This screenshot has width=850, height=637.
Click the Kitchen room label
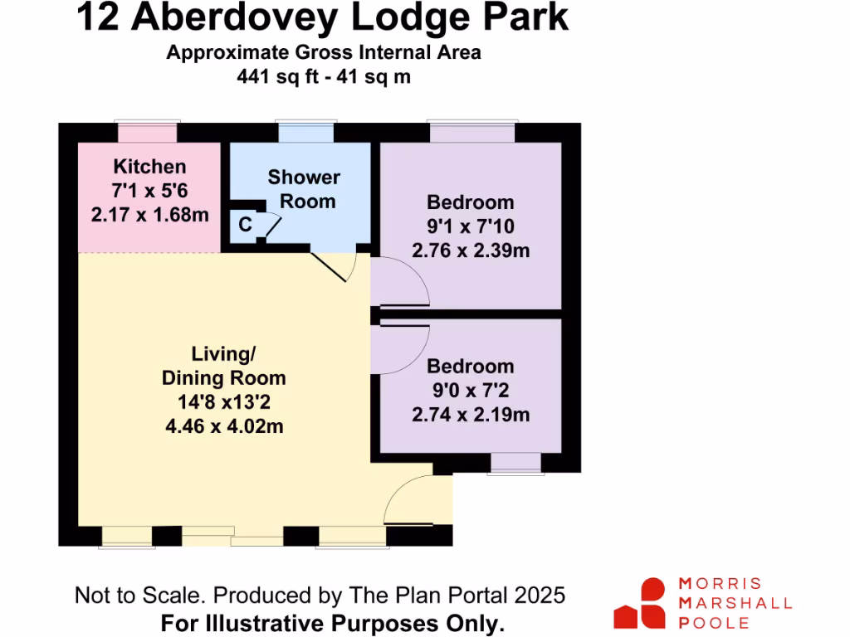tap(149, 166)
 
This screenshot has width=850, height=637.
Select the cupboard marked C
tap(245, 224)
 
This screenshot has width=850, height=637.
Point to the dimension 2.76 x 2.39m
tap(471, 250)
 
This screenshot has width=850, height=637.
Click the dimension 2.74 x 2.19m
tap(471, 415)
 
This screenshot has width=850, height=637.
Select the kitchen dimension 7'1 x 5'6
tap(149, 190)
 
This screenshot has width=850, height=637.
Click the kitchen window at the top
tap(147, 133)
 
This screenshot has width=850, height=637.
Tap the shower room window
tap(302, 133)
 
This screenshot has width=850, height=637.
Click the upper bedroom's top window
tap(471, 133)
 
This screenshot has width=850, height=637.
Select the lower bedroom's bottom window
tap(515, 464)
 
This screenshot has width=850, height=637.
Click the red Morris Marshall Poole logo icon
tap(641, 603)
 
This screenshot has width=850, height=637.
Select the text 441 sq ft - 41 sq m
tap(324, 77)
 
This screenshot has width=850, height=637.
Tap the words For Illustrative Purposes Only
tap(332, 622)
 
